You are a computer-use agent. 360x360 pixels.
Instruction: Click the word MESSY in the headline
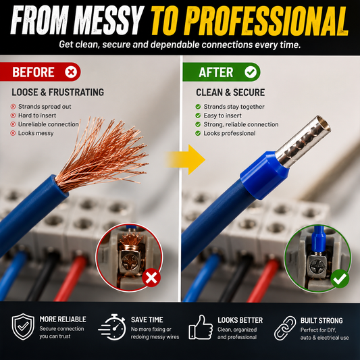point(108,20)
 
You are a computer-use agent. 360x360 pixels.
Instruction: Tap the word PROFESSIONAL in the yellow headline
point(267,21)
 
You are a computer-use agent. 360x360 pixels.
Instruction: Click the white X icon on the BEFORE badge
point(71,72)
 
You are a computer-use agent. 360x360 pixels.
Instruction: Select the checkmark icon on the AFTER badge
point(251,72)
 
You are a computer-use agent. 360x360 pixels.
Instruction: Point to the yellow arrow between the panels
point(185,159)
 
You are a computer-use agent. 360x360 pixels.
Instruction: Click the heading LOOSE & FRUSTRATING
point(58,93)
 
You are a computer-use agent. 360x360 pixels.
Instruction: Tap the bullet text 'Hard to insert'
point(37,115)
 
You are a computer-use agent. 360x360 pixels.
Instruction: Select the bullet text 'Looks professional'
point(230,133)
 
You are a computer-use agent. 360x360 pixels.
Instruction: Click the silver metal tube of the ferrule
point(303,141)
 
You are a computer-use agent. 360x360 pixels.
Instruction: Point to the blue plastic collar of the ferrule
point(264,175)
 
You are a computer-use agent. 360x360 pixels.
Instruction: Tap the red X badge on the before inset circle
point(151,278)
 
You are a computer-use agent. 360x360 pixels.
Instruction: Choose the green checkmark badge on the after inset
point(340,279)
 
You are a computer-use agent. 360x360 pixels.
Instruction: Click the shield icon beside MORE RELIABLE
point(23,326)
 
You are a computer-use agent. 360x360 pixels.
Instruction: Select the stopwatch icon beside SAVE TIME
point(113,327)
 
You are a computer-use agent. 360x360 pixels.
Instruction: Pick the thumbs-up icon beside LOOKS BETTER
point(201,327)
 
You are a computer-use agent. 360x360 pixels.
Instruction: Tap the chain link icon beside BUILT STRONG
point(285,328)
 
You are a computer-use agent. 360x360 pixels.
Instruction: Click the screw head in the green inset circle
point(317,267)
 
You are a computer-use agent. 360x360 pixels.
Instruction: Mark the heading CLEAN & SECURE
point(230,93)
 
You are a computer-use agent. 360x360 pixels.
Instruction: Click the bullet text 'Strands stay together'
point(234,107)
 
